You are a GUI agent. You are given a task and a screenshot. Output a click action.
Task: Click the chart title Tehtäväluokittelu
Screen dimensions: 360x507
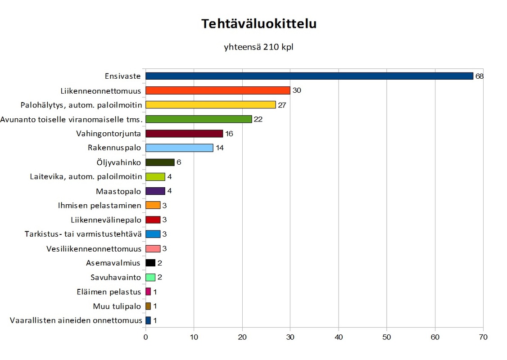click(x=258, y=24)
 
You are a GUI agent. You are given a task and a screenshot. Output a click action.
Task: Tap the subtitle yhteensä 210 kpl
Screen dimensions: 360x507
click(x=258, y=47)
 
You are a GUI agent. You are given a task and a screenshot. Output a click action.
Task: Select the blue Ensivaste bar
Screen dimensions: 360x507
click(x=309, y=76)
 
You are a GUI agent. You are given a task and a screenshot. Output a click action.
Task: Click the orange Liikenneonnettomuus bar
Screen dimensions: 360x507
click(x=217, y=90)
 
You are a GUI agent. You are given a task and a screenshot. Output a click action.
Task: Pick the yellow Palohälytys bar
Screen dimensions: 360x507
click(x=210, y=105)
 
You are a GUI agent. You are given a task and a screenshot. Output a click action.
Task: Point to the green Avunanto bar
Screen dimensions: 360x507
click(x=198, y=119)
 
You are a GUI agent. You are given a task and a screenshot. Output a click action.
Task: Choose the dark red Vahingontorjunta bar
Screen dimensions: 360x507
click(x=184, y=134)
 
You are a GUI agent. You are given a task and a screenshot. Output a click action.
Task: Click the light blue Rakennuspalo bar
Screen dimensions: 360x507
click(x=179, y=148)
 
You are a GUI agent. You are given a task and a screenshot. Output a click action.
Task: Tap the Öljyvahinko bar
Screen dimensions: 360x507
click(x=160, y=162)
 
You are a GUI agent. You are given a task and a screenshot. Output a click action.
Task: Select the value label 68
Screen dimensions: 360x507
click(x=479, y=76)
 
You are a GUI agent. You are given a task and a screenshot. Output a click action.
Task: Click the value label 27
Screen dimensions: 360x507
click(x=282, y=105)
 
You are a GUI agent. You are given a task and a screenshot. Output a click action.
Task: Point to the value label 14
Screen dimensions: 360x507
click(x=220, y=148)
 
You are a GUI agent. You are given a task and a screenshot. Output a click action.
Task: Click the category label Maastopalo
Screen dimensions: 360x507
click(x=118, y=191)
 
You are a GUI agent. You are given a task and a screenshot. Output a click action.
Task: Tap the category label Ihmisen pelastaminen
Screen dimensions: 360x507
click(x=100, y=206)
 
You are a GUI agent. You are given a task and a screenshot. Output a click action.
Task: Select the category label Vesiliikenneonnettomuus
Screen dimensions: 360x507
click(x=94, y=249)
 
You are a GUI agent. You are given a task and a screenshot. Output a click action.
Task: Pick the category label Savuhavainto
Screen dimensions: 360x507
click(x=116, y=277)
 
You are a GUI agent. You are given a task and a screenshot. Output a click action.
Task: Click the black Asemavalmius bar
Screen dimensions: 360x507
click(x=150, y=263)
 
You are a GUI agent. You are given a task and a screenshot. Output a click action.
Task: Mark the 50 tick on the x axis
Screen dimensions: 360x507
click(x=387, y=337)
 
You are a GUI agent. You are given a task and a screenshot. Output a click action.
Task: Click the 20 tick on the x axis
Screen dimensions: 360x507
click(x=242, y=337)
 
